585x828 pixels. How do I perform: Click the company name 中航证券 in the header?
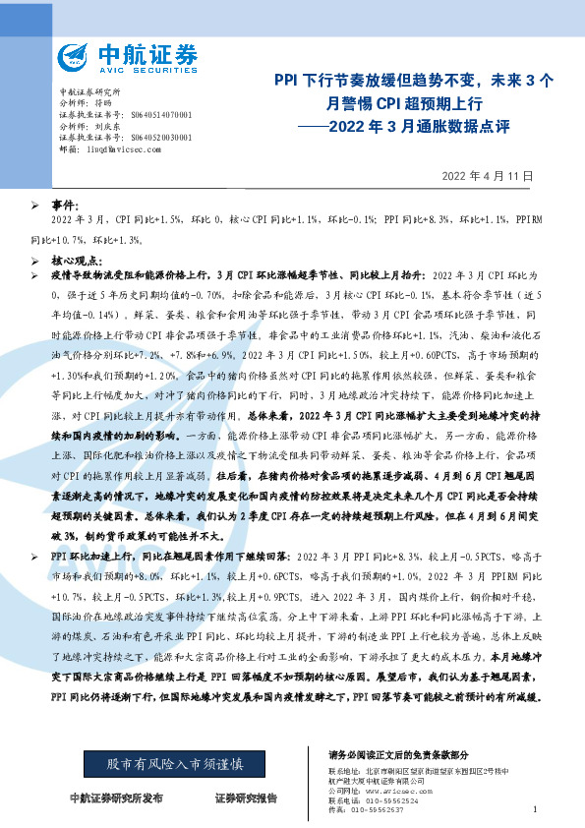point(147,50)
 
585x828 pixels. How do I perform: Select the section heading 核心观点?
point(75,263)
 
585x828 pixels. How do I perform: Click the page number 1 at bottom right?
point(533,808)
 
